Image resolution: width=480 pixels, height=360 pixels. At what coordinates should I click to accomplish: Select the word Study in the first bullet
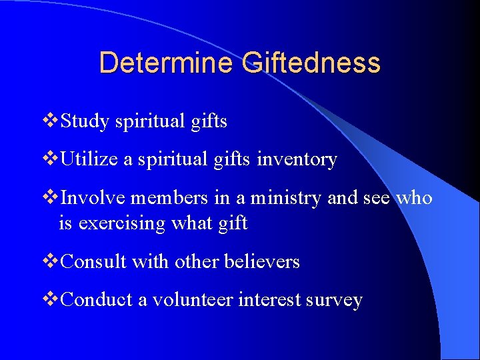point(85,121)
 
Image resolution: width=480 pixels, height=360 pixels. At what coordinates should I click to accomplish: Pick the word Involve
point(93,198)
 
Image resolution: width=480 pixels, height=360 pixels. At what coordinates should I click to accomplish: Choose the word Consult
point(94,262)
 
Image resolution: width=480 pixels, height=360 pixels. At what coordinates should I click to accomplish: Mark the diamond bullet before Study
point(51,121)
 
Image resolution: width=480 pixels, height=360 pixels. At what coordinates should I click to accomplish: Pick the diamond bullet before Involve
point(51,198)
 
